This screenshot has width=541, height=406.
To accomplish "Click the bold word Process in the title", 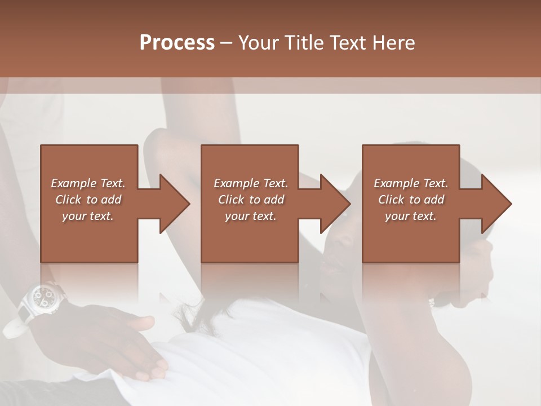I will (177, 42).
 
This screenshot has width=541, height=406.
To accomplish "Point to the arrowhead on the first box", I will (175, 204).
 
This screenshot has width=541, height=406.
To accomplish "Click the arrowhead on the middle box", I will (336, 204).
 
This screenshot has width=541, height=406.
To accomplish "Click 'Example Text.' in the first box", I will (88, 183).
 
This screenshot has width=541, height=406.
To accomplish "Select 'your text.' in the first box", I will (88, 216).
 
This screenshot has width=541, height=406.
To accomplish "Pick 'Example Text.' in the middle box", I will (251, 183).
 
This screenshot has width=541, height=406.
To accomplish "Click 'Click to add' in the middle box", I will (251, 200).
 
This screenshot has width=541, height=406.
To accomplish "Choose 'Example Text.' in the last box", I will (411, 183).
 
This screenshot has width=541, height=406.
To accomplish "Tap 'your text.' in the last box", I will (411, 216).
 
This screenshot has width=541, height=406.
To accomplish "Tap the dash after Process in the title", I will (227, 42).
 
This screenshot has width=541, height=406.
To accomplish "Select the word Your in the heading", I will (259, 42).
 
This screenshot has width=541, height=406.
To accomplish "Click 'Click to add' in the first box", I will (88, 200).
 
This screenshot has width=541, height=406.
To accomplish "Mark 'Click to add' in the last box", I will (411, 200).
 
